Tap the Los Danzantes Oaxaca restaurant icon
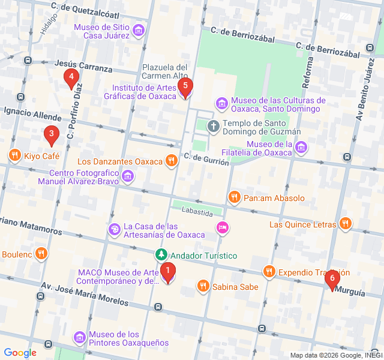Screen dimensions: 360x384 tap(172, 161)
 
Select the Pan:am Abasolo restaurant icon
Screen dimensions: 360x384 tap(235, 197)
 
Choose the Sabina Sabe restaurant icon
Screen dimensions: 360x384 tap(203, 287)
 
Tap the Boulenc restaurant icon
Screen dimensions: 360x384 tap(41, 254)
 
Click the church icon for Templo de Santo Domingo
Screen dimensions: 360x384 tap(213, 127)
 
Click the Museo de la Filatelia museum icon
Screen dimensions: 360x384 tap(301, 147)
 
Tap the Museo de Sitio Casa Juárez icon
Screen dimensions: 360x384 tap(139, 30)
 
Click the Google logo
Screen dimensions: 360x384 tap(20, 353)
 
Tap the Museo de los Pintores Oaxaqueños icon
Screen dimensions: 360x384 tap(79, 338)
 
